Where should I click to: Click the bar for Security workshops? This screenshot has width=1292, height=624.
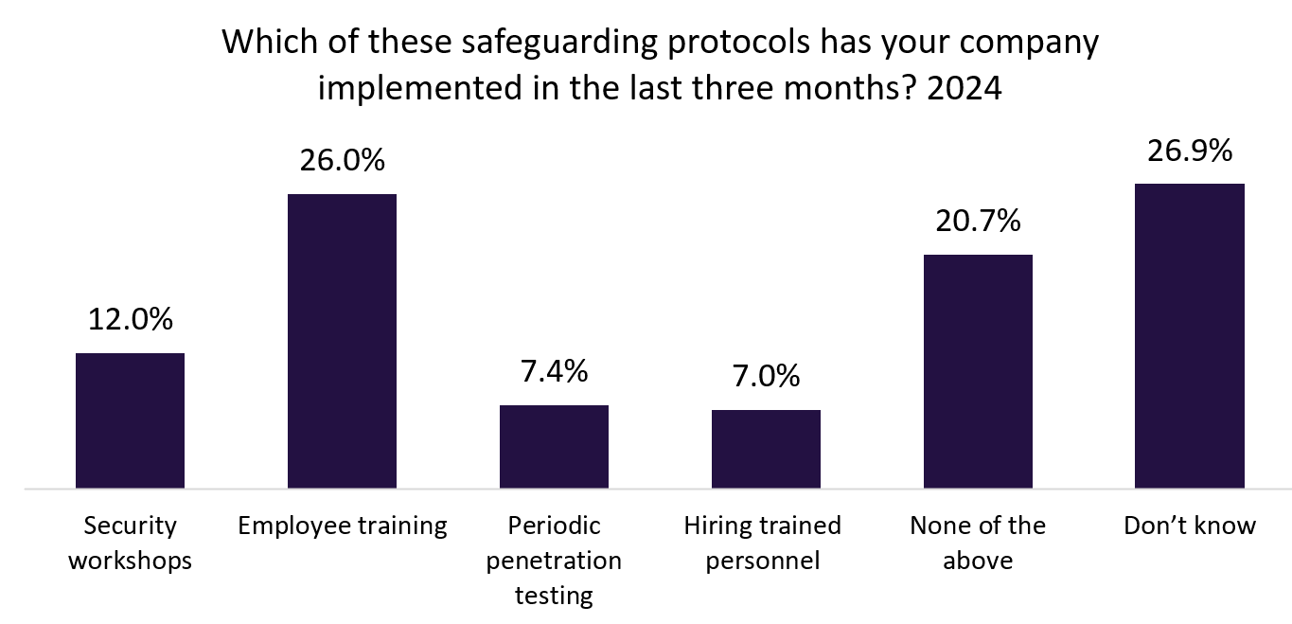[x=130, y=420]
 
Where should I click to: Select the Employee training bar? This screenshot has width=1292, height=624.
[x=342, y=341]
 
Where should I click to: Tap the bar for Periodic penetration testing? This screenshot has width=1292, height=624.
[x=554, y=447]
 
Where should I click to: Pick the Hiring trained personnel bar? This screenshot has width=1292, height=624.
[x=766, y=449]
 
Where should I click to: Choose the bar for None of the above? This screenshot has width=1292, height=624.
[x=978, y=371]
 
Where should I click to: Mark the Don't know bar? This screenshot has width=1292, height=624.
[x=1190, y=336]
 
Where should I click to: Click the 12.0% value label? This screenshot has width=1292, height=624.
[x=131, y=319]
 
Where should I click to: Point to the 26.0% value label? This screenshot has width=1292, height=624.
[x=343, y=160]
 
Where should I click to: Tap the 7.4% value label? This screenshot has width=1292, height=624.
[x=555, y=370]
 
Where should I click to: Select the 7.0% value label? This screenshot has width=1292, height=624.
[x=767, y=376]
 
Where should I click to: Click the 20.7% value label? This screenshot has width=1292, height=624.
[x=979, y=221]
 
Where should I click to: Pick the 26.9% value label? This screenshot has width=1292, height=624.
[x=1191, y=150]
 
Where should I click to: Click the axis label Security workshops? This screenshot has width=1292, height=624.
[x=131, y=543]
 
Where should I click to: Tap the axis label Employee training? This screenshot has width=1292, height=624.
[x=343, y=526]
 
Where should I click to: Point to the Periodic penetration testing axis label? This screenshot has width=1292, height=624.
[x=555, y=561]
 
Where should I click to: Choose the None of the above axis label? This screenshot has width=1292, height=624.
[x=979, y=543]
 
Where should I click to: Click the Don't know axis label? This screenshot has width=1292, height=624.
[x=1190, y=526]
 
